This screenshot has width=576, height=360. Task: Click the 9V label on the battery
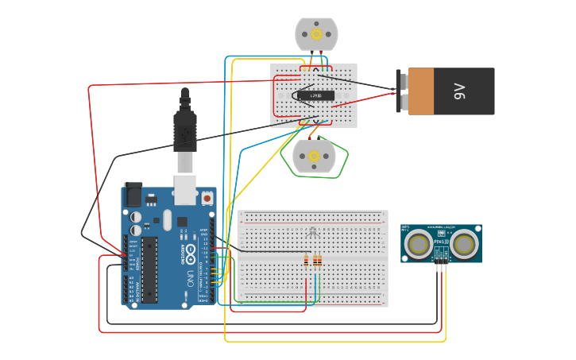tap(459, 92)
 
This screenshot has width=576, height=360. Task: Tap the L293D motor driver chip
tap(315, 95)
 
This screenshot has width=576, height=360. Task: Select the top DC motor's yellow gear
tap(316, 34)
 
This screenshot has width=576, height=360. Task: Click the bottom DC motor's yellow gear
tap(314, 157)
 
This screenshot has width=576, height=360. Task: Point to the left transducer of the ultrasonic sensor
tap(419, 245)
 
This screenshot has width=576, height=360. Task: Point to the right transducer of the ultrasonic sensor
tap(464, 245)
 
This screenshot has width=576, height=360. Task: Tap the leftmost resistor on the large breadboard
tap(307, 261)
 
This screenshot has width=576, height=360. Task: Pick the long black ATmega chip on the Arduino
tap(149, 269)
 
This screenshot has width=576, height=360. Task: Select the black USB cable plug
tap(185, 131)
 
